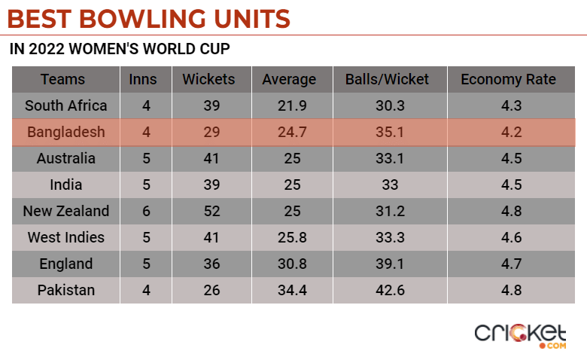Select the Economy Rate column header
point(508,79)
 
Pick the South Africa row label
point(66,105)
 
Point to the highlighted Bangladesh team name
point(66,133)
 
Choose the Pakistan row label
point(66,290)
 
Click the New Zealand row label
point(66,211)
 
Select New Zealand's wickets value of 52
point(211,211)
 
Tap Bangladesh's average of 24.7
point(289,133)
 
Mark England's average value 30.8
point(289,264)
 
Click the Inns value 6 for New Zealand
point(147,211)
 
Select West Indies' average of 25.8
point(289,237)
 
